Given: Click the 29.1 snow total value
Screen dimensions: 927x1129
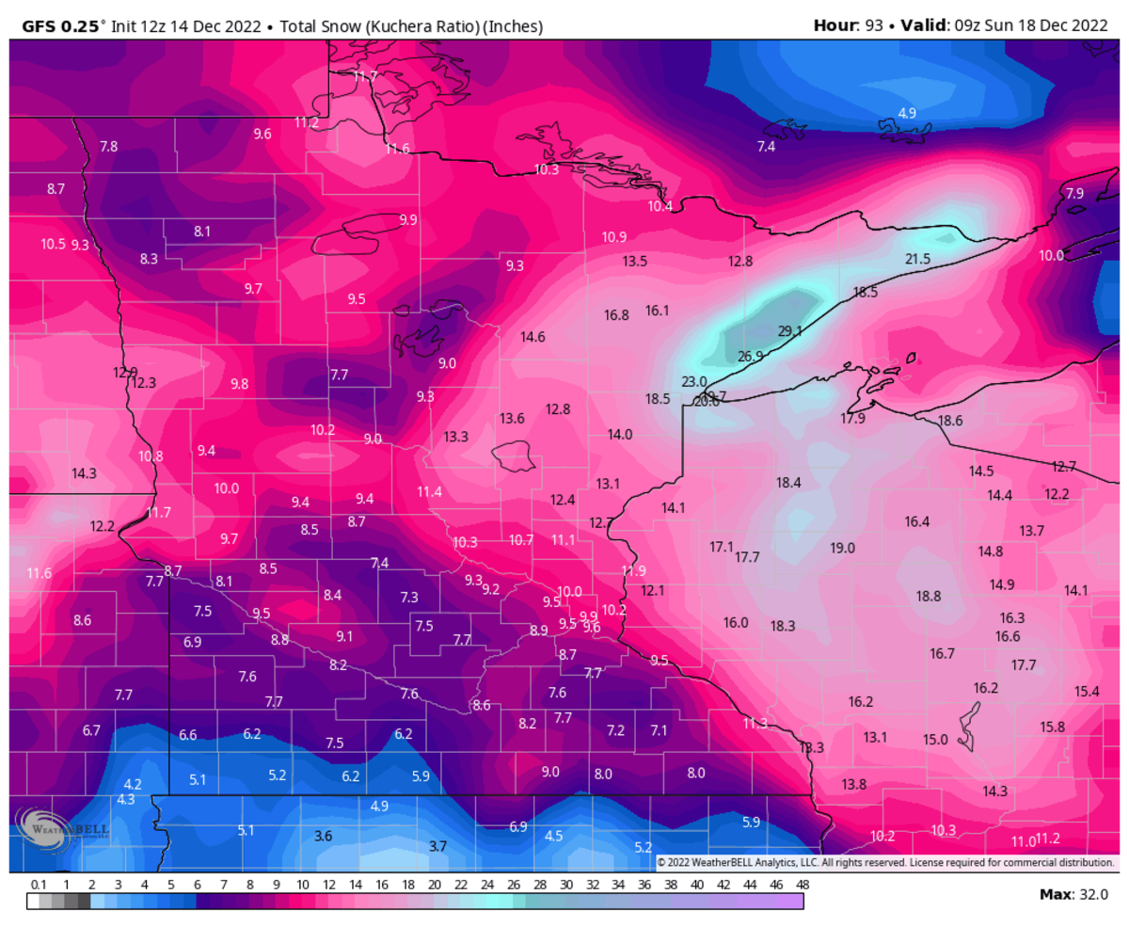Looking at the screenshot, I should (x=789, y=331).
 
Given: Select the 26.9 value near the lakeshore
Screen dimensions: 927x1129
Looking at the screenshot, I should (x=750, y=357).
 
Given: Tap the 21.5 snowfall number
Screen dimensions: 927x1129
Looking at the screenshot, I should (x=917, y=259).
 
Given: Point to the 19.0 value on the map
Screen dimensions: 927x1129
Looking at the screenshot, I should (x=842, y=548).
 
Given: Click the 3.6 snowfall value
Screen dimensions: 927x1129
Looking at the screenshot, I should (x=323, y=835).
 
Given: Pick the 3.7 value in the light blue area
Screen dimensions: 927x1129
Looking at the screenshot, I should (x=437, y=846).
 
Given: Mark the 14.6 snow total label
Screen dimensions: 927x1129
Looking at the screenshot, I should (x=533, y=336).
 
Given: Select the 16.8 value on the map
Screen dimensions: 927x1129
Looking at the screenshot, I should (x=616, y=315).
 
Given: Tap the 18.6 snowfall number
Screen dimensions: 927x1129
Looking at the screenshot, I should (x=950, y=421).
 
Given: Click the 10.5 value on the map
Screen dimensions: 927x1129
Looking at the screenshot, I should (x=53, y=244).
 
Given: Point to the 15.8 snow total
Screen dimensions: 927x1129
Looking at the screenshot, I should (x=1053, y=727).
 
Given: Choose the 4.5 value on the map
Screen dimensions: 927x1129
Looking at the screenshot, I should (x=554, y=836).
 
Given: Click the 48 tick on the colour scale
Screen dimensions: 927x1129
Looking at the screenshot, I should (x=803, y=886).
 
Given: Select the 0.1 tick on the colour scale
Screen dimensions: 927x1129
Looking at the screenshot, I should (x=39, y=886).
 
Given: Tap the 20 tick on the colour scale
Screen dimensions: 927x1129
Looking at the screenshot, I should (x=435, y=886).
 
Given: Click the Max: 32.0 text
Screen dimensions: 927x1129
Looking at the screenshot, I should (x=1073, y=894).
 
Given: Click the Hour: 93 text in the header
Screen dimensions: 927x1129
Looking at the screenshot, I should (x=848, y=26).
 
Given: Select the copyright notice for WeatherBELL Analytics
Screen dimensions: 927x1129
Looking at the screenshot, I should (x=884, y=862).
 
